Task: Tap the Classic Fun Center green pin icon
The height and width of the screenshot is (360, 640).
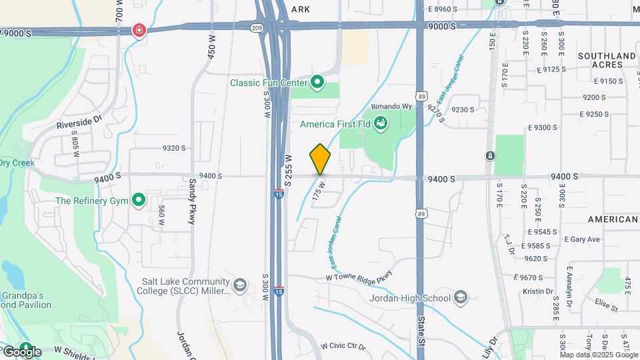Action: click(x=317, y=83)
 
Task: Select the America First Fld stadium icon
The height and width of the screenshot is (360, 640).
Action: click(x=381, y=123)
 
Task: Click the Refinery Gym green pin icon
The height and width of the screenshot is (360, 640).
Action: click(x=139, y=199)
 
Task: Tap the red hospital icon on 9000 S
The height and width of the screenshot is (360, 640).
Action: click(x=139, y=31)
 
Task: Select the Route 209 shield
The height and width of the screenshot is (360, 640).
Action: click(x=257, y=28)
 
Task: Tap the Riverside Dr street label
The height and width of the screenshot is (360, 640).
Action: click(x=78, y=123)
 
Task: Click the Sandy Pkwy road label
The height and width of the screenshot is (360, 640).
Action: click(x=192, y=201)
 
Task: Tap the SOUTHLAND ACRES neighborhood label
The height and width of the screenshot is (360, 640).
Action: click(x=607, y=60)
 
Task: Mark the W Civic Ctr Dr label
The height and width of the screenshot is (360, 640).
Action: click(x=343, y=347)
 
